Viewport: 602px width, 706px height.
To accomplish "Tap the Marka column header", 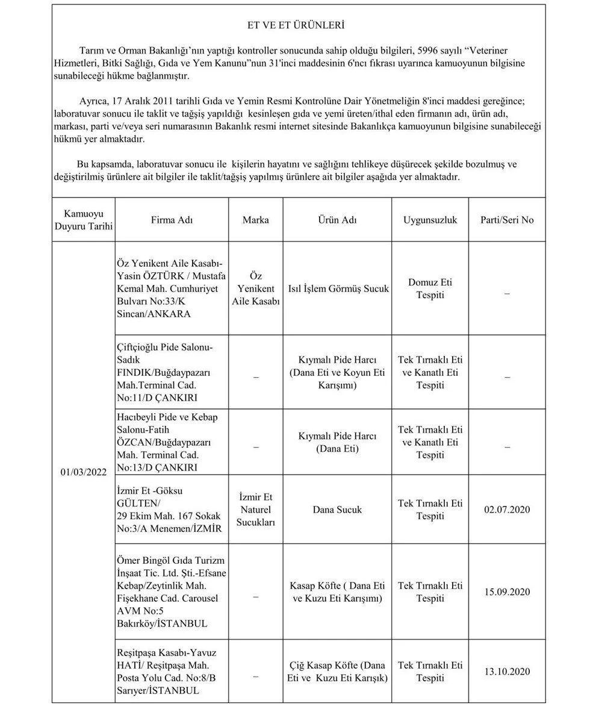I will pos(255,220).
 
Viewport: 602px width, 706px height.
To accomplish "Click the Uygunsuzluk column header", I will pos(430,220).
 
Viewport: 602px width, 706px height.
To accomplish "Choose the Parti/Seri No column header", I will pos(506,220).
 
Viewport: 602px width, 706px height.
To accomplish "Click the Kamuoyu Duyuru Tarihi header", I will pos(84,220).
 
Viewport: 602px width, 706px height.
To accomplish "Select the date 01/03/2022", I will pos(84,472).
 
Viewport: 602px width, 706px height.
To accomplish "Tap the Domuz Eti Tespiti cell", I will pos(430,289).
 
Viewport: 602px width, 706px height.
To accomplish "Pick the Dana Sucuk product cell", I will pos(337,510).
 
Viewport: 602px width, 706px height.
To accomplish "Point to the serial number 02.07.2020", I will pos(506,510).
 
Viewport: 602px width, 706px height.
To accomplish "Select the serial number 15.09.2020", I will pos(506,592).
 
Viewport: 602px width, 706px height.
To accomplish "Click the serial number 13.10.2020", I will pos(506,671).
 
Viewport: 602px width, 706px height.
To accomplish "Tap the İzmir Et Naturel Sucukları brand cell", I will pos(255,510).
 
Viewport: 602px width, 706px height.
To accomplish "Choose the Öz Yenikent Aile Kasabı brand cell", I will pos(255,289).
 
